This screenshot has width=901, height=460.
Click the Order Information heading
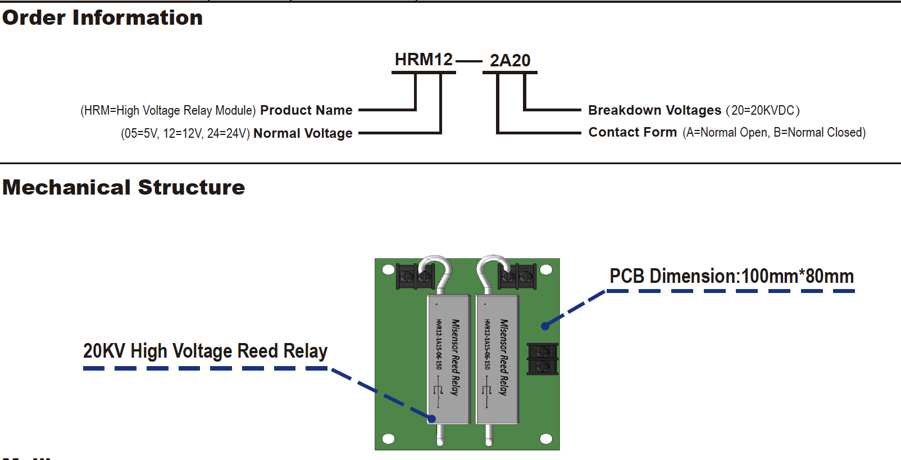click(102, 18)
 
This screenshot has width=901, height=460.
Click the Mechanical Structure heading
click(124, 188)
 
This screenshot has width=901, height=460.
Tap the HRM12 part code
click(424, 60)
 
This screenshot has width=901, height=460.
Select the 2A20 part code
click(510, 61)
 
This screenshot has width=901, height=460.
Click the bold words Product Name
click(306, 110)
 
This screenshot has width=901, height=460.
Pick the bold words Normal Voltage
click(303, 133)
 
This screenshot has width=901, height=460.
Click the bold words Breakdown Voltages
click(654, 110)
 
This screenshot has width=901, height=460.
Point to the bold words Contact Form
click(632, 132)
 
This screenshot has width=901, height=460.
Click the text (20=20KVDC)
click(763, 110)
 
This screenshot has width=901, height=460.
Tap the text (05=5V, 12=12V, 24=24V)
click(185, 134)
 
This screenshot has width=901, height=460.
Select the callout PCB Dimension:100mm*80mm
click(731, 276)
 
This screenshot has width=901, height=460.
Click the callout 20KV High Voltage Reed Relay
click(205, 351)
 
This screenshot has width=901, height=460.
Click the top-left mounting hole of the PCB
click(388, 269)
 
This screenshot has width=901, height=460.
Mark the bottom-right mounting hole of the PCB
click(545, 439)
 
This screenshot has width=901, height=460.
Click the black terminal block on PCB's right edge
click(543, 359)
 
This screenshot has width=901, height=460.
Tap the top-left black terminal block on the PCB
click(415, 276)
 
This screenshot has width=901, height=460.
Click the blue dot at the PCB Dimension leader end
click(545, 326)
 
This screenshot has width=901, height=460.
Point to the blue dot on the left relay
click(431, 418)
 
